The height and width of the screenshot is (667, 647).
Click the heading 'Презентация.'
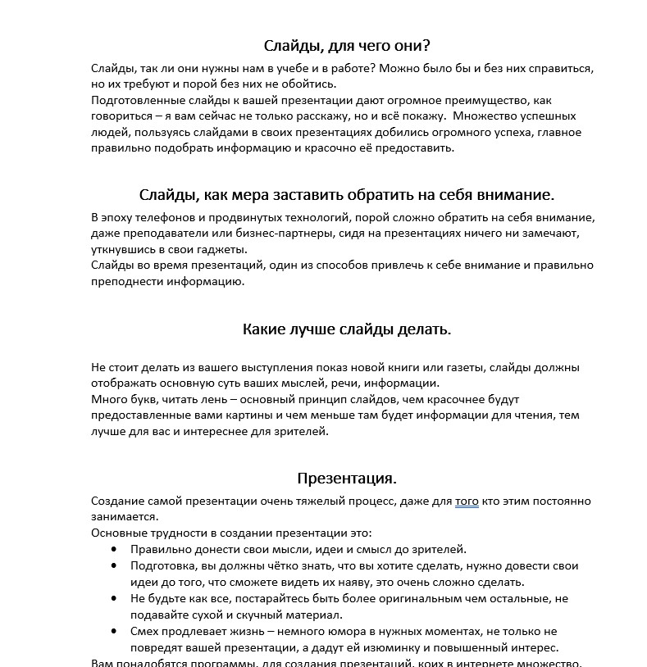coord(347,478)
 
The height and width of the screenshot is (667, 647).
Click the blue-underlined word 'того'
coord(467,501)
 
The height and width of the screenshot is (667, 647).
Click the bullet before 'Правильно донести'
coord(112,549)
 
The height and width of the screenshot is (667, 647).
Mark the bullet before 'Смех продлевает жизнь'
coord(112,631)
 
